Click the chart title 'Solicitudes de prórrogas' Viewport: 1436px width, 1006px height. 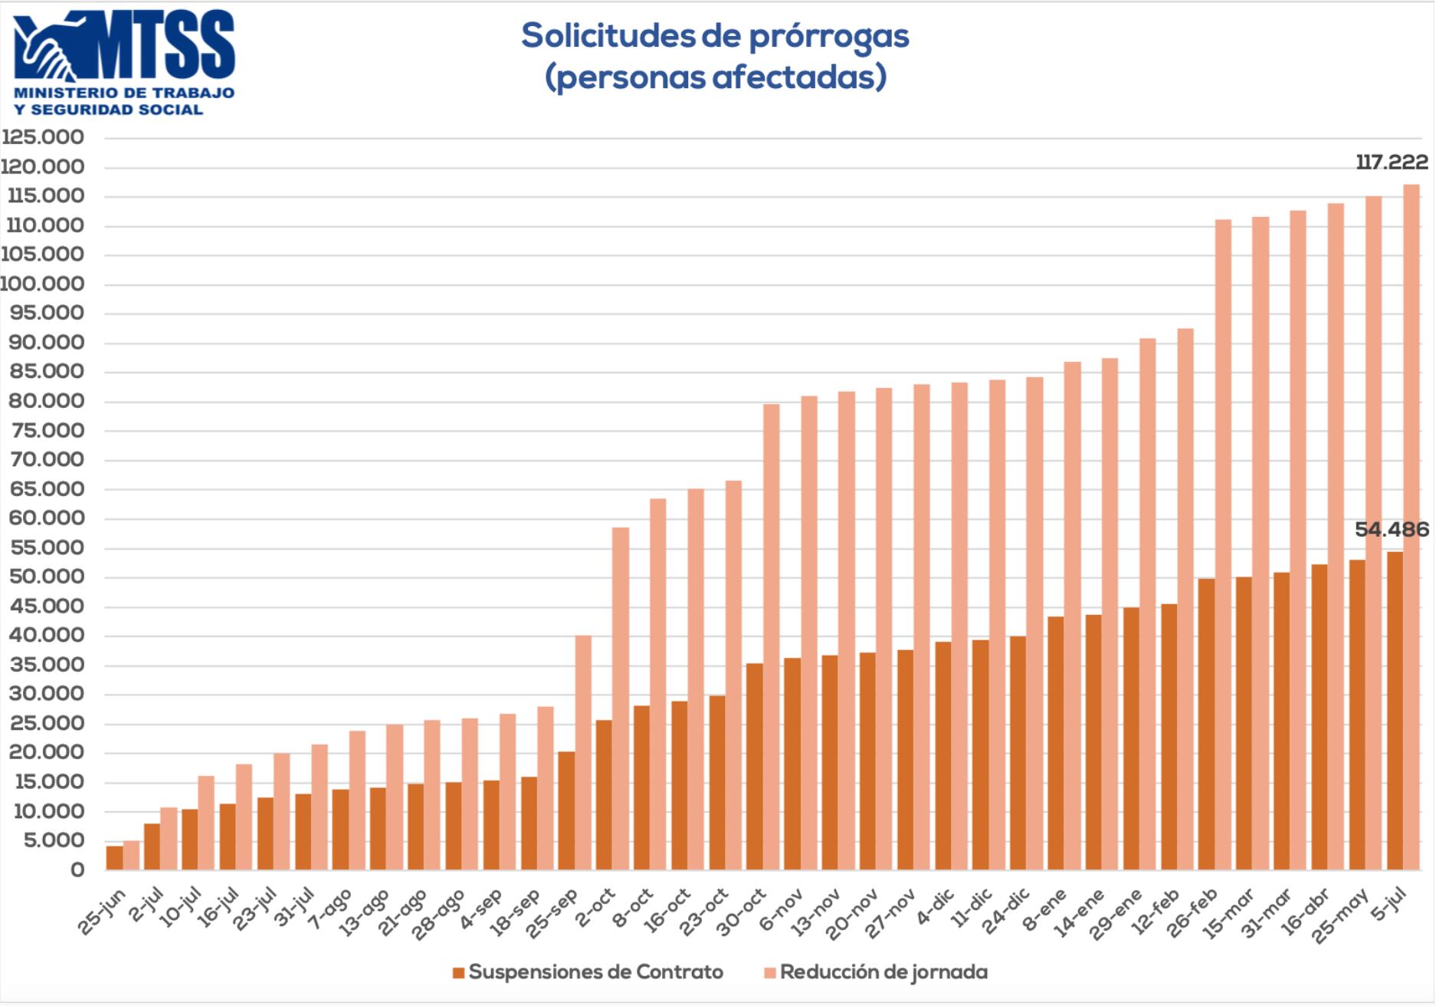click(x=715, y=36)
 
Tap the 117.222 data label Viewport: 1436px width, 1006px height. click(x=1392, y=163)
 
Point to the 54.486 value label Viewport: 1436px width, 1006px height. click(x=1392, y=530)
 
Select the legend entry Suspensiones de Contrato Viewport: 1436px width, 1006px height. click(x=588, y=973)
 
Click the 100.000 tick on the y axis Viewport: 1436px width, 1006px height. click(x=43, y=284)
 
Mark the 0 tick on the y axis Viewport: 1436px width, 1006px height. click(x=77, y=870)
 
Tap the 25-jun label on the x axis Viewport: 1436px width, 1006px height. click(x=103, y=912)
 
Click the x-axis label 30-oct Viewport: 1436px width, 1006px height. click(x=743, y=912)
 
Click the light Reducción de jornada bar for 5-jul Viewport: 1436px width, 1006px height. click(x=1411, y=529)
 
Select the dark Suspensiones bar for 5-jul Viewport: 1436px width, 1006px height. click(x=1395, y=711)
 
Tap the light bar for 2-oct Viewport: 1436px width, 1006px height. click(x=621, y=699)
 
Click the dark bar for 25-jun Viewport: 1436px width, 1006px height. click(x=115, y=858)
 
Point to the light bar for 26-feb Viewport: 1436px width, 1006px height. click(x=1223, y=544)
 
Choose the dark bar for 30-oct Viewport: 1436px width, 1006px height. click(x=755, y=767)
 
